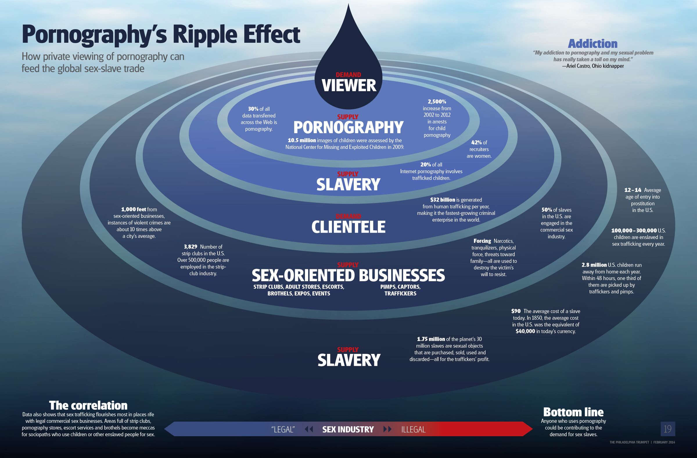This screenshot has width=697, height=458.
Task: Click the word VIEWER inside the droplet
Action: [x=349, y=85]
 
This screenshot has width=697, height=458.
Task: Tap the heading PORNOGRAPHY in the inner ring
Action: [x=348, y=127]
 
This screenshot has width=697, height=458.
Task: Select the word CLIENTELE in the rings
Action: [x=348, y=227]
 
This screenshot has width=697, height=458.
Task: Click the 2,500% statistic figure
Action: [x=437, y=102]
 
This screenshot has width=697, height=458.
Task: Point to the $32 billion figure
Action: [x=443, y=200]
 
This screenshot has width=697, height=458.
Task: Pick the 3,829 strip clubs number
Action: [x=190, y=247]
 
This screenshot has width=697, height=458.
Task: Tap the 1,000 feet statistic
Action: [x=134, y=209]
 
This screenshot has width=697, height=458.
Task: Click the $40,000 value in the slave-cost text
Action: [x=525, y=331]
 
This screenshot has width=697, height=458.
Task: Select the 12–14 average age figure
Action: [x=633, y=190]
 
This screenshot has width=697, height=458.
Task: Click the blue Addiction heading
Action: [x=592, y=44]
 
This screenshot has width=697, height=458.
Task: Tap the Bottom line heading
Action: [x=573, y=412]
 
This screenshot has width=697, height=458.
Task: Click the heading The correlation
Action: [x=88, y=406]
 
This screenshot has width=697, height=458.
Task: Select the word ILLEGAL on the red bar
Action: [x=413, y=430]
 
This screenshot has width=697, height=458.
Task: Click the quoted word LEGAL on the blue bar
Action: [x=283, y=430]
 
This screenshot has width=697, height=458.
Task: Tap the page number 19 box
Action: [x=668, y=429]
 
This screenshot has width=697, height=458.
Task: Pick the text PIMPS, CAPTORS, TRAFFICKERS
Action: [x=400, y=290]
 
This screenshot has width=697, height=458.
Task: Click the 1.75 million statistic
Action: [x=431, y=339]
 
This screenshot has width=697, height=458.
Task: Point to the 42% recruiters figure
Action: [x=477, y=142]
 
